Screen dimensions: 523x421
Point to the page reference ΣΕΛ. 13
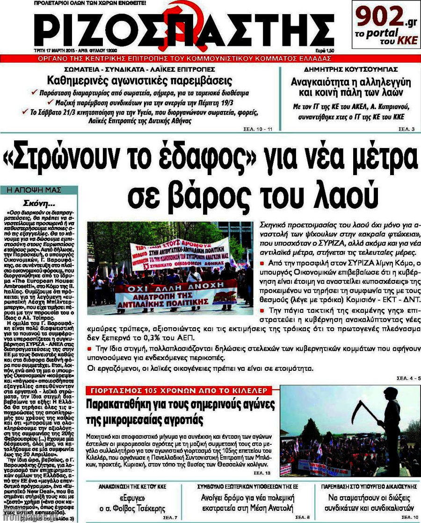(x=259, y=473)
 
